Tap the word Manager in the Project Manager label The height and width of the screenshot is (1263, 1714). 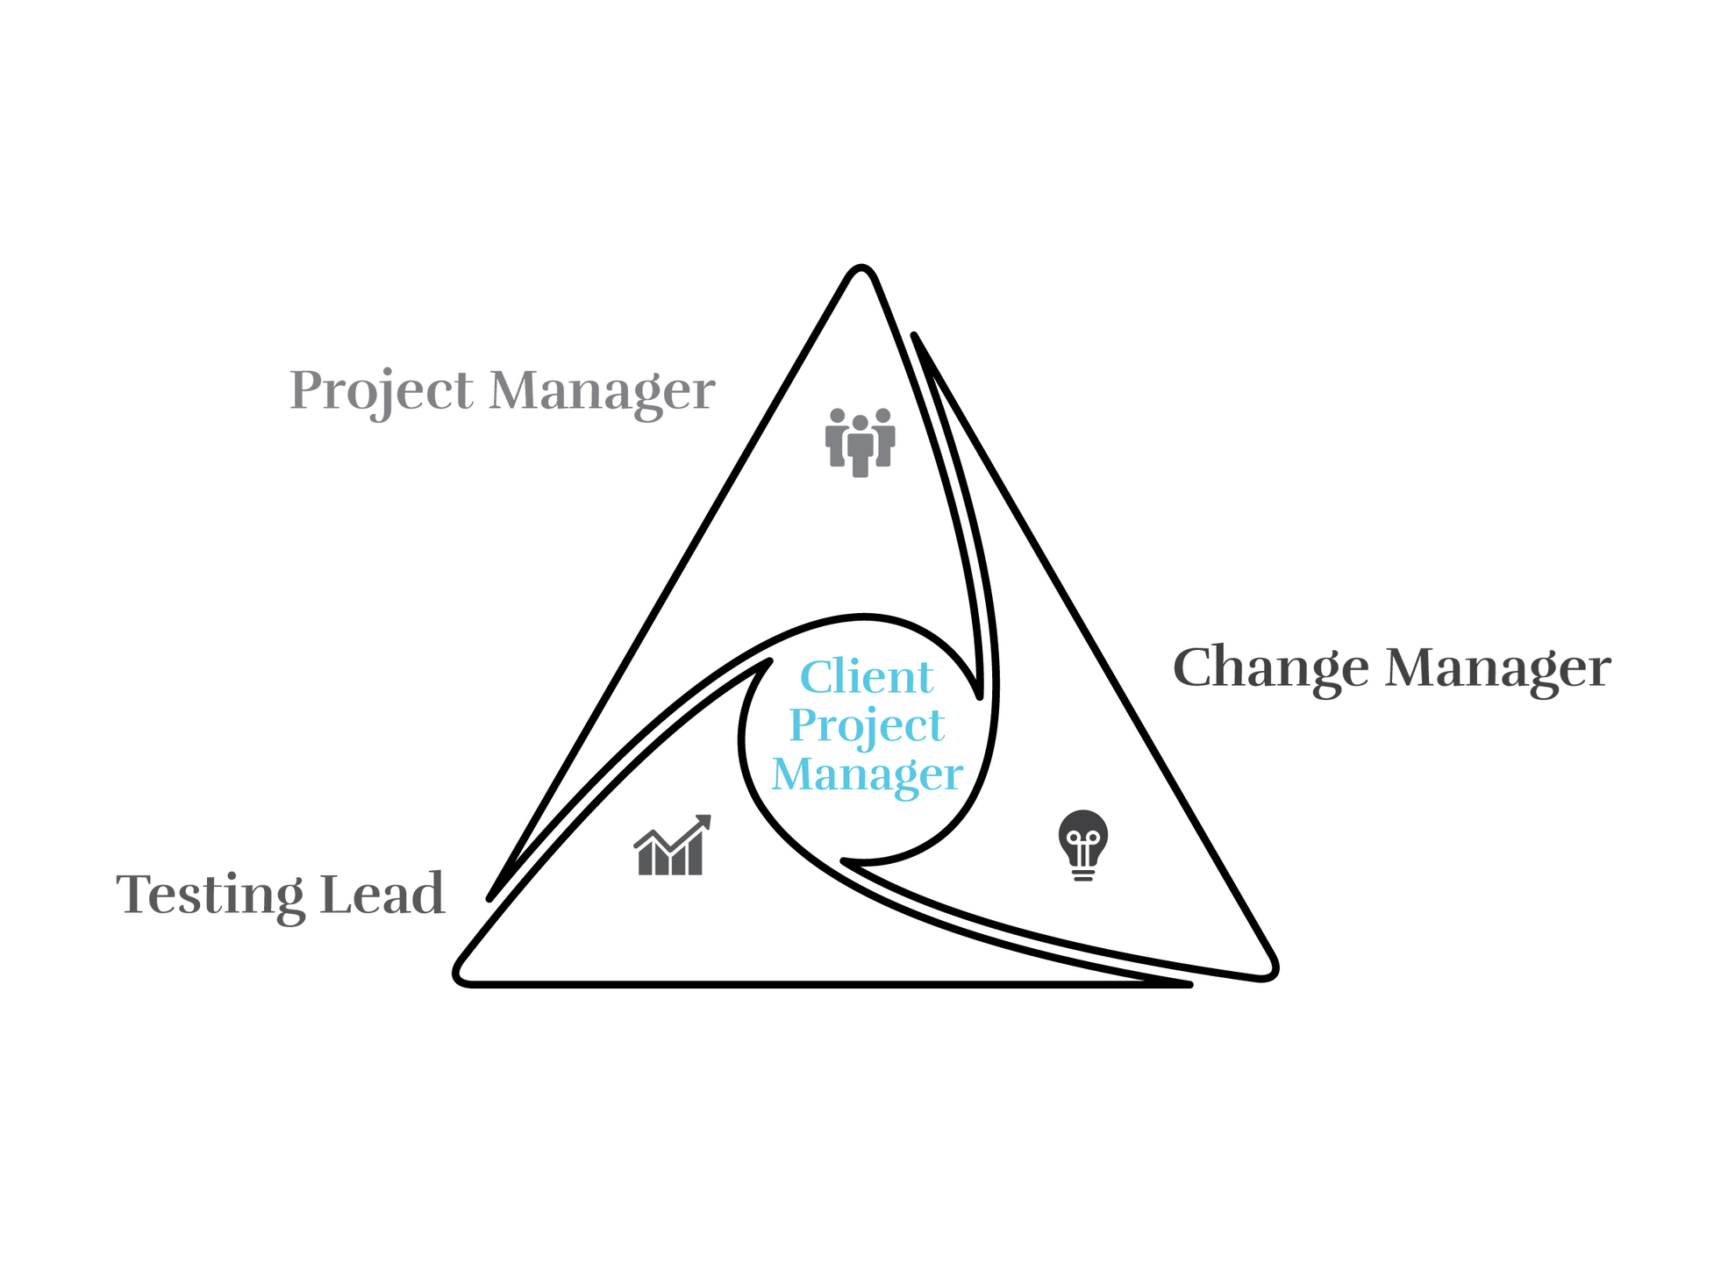tap(602, 391)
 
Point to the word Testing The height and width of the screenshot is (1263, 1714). tap(210, 895)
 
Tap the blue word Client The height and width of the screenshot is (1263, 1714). tap(867, 677)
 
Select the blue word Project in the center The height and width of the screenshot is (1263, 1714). tap(867, 726)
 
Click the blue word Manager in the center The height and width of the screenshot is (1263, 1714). tap(867, 774)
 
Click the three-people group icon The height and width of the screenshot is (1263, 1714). tap(860, 441)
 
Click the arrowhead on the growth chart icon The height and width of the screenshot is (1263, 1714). tap(703, 822)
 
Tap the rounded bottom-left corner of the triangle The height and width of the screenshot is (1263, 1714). tap(461, 974)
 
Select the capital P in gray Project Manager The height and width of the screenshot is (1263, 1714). tap(306, 390)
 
